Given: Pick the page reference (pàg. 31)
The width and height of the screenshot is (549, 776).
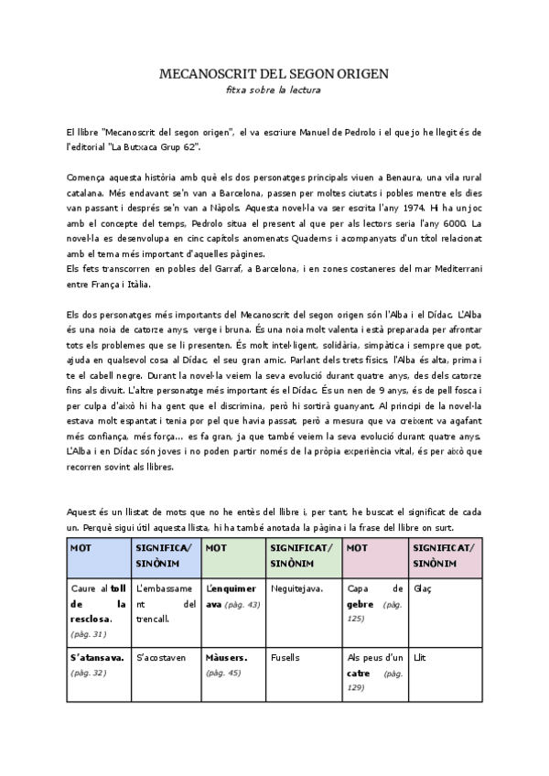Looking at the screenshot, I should click(88, 633).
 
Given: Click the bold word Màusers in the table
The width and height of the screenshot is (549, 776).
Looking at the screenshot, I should click(226, 658).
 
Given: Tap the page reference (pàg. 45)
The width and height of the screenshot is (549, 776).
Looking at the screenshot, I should click(224, 673).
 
